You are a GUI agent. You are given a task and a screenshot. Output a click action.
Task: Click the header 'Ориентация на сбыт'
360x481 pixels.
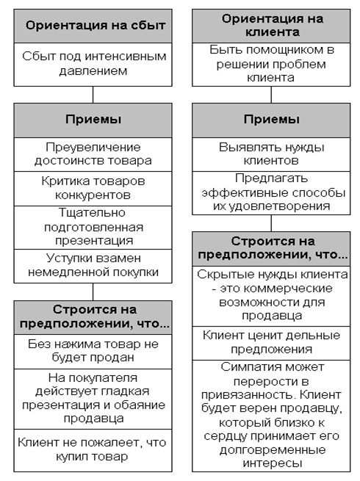click(93, 26)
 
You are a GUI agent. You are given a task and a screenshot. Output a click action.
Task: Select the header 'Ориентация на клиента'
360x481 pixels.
click(271, 26)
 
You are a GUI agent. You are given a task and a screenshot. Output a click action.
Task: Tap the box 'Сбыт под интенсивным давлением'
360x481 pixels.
click(93, 65)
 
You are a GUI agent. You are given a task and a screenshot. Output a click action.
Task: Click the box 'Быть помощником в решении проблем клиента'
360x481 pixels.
click(271, 65)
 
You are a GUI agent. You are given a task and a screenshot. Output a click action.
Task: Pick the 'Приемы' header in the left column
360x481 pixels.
click(93, 120)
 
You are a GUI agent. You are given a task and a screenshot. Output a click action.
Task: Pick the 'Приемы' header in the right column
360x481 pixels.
click(271, 120)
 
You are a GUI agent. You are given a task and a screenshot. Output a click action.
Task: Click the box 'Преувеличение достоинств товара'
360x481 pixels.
click(93, 154)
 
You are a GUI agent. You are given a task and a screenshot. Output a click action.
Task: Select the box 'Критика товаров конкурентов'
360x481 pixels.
click(93, 189)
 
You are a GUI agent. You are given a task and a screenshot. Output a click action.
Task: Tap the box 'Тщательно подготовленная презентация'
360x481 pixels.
click(93, 228)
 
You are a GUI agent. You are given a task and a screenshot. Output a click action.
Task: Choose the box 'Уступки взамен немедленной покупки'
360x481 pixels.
click(93, 266)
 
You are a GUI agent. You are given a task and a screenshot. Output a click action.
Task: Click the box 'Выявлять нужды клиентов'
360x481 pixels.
click(271, 154)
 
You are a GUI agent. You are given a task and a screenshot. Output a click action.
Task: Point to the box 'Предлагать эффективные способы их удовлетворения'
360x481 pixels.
click(271, 193)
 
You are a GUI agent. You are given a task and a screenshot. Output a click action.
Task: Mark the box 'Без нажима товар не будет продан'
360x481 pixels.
click(93, 352)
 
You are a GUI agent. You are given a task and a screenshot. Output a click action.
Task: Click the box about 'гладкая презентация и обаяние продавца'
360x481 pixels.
click(93, 399)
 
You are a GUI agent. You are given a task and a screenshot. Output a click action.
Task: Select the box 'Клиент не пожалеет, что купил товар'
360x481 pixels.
click(93, 450)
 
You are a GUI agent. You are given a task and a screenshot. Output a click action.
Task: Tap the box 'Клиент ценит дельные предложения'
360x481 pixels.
click(271, 343)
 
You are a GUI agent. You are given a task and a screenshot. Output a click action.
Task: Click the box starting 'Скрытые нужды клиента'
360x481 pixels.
click(271, 296)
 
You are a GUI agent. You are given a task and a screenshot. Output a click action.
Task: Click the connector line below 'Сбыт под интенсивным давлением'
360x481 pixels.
click(93, 95)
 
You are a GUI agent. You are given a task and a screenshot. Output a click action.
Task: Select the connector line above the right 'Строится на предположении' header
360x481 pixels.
click(271, 223)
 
